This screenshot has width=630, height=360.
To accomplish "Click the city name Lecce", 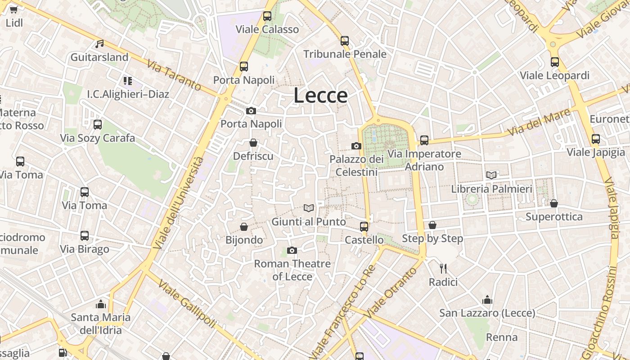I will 321,95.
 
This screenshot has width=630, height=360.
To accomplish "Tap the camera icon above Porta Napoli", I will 251,111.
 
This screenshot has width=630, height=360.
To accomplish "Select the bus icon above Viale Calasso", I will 267,16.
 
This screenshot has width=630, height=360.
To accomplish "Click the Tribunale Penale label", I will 345,54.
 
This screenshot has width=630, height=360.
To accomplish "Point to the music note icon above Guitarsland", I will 99,44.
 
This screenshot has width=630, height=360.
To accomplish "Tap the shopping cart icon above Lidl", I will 13,9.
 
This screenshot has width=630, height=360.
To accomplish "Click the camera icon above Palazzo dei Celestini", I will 356,146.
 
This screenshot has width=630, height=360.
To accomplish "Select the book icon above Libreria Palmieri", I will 491,175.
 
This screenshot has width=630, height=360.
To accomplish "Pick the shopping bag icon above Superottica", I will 554,203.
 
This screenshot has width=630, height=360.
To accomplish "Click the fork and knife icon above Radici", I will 443,269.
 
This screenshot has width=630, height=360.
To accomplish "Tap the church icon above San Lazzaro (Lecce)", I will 487,300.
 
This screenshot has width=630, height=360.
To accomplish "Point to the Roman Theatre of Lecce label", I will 292,270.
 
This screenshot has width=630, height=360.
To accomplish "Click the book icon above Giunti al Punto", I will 309,208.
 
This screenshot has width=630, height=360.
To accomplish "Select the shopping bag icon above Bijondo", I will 244,226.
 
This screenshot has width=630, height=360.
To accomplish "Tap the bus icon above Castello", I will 364,226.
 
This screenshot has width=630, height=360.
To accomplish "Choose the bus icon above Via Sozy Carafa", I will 98,125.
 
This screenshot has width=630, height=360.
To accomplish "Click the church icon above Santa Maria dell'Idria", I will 101,304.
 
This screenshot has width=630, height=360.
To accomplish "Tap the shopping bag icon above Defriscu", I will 253,143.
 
